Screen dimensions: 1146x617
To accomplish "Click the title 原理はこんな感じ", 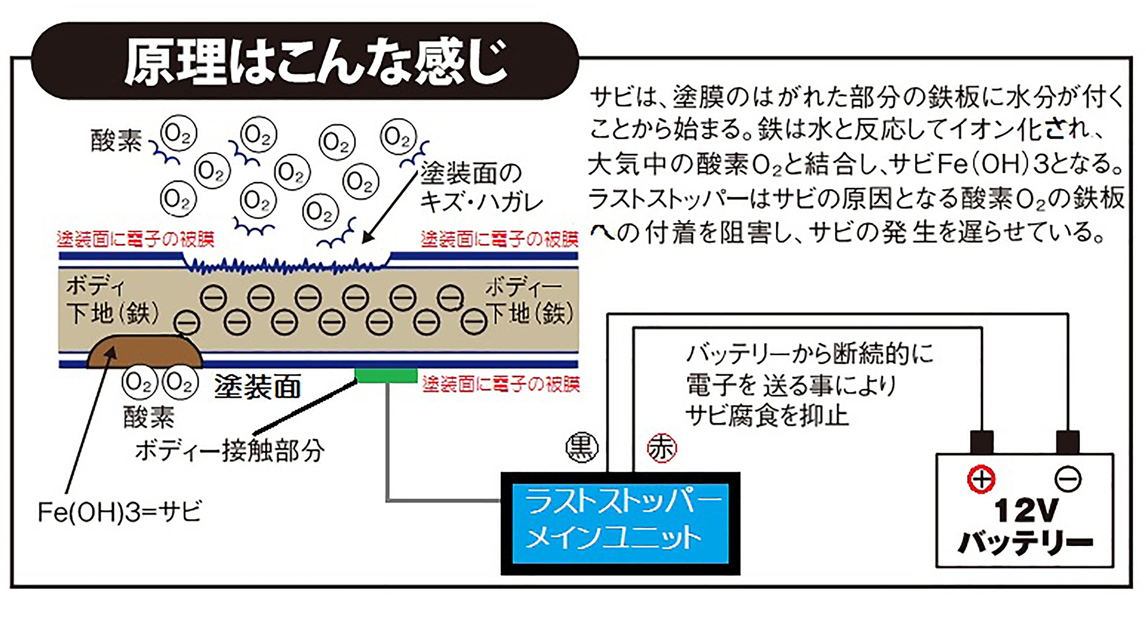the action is (316, 63).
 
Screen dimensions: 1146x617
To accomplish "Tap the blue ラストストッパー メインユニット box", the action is (620, 523).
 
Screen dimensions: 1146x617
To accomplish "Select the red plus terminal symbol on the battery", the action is (981, 479).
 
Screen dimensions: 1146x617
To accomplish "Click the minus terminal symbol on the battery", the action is (1068, 479).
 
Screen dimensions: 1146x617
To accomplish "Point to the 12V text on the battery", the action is (1026, 511).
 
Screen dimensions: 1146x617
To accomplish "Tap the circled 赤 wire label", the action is (662, 448).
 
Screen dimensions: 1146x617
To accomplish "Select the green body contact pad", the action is (386, 375).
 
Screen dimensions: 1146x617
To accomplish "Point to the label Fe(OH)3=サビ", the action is (120, 512).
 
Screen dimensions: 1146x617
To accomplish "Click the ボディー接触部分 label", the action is (230, 451).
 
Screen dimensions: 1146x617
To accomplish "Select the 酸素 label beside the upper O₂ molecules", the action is (116, 141).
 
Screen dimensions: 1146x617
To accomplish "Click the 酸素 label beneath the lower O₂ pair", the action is (149, 417).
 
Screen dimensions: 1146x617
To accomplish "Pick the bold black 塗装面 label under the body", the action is (257, 387).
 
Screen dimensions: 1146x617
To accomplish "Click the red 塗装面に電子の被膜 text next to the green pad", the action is (501, 384).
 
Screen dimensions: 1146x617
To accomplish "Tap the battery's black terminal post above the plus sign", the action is (982, 442).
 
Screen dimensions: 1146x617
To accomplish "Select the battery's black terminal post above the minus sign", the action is (1068, 442).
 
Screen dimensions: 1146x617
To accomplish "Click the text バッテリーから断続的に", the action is (809, 354).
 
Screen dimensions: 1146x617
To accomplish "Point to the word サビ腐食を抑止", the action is (766, 415).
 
